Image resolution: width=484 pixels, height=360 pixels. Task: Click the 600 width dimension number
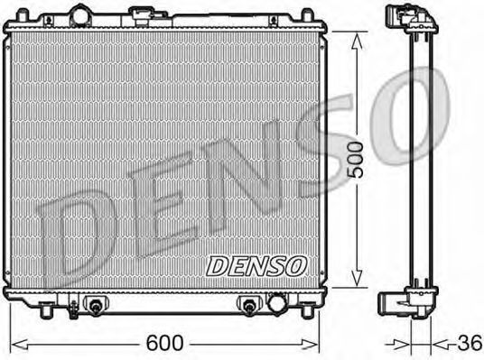tap(165, 343)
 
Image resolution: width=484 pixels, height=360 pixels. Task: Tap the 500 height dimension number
tap(356, 160)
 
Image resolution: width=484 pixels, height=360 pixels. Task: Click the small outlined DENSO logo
tap(256, 266)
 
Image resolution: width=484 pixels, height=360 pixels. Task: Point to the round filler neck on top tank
tap(80, 14)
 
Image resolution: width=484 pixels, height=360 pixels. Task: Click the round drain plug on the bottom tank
tap(276, 303)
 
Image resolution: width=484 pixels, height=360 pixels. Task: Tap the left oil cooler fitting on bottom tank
tap(95, 305)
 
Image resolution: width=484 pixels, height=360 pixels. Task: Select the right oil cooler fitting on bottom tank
tap(249, 305)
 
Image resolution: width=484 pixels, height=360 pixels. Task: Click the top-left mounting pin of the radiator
tap(23, 15)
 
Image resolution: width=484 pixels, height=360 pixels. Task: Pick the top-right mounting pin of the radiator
tap(307, 15)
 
